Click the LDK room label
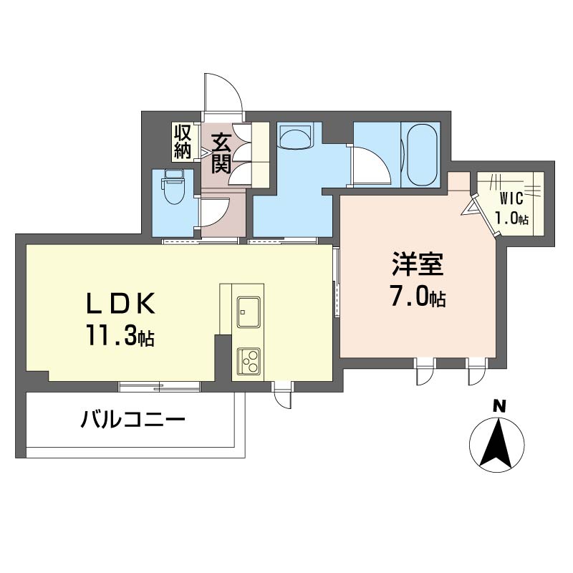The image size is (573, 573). click(120, 303)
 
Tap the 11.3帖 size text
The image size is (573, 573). click(120, 336)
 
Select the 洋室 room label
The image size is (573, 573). click(418, 264)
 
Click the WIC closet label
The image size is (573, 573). click(511, 200)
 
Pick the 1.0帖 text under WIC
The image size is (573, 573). click(511, 218)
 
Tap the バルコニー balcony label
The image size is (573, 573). click(133, 420)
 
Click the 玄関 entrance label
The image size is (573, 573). click(221, 154)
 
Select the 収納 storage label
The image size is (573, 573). click(183, 142)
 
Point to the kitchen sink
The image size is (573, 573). click(249, 312)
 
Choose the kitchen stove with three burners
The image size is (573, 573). click(249, 361)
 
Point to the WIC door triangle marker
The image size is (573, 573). click(469, 209)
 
